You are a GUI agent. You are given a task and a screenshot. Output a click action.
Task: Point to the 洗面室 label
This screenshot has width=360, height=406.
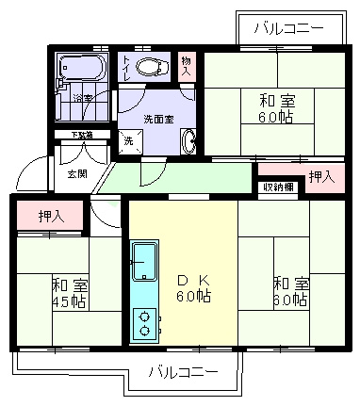[x=157, y=119]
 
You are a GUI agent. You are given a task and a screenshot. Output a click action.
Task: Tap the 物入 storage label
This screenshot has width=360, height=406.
[x=187, y=66]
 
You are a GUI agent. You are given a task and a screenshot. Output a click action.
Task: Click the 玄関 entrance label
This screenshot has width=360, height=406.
[x=76, y=173]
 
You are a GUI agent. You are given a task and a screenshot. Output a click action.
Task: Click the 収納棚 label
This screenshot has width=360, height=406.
[x=279, y=187]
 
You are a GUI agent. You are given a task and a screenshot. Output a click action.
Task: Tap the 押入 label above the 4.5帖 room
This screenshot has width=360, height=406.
[x=51, y=217]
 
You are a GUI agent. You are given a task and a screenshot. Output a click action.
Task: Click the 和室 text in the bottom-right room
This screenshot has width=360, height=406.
[x=289, y=283]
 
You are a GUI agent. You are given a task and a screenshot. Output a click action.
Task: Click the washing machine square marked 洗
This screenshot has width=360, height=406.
[x=129, y=141]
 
